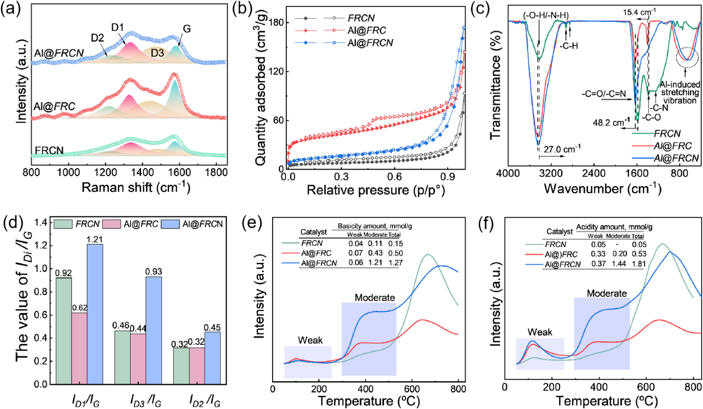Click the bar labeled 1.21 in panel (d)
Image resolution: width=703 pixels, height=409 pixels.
point(95,314)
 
